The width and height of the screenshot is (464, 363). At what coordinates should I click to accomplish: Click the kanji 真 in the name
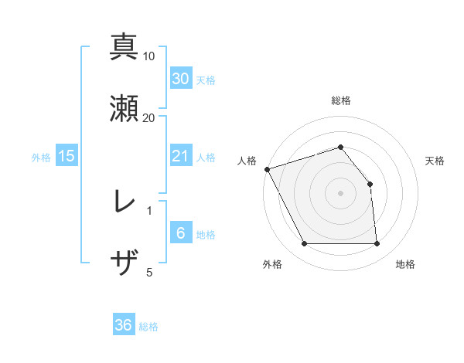[124, 46]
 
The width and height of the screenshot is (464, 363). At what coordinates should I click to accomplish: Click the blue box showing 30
[181, 79]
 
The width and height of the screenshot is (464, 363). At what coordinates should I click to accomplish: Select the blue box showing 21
[181, 156]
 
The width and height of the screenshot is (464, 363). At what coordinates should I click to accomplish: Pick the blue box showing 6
[181, 234]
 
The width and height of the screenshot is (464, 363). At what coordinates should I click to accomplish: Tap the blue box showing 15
[67, 156]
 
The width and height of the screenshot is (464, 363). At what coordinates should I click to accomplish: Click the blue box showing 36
[124, 325]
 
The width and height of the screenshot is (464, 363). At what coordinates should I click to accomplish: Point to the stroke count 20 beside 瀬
[149, 117]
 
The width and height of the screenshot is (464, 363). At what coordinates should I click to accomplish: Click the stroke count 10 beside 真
[149, 56]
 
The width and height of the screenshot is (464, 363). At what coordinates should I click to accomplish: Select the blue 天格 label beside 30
[206, 80]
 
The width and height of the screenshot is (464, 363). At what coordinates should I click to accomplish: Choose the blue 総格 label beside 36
[148, 327]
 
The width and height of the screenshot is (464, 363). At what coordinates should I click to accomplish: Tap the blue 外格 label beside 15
[41, 157]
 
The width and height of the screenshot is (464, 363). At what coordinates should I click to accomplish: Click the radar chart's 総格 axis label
[340, 100]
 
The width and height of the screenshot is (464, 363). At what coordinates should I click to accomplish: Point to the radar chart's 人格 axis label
[247, 161]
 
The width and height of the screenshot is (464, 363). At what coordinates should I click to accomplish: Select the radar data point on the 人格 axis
[267, 169]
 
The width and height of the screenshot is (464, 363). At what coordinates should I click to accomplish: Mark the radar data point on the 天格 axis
[370, 184]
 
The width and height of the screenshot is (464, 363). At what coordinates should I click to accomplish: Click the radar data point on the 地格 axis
[377, 244]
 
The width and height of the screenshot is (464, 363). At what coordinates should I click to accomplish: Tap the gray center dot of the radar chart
[340, 193]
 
